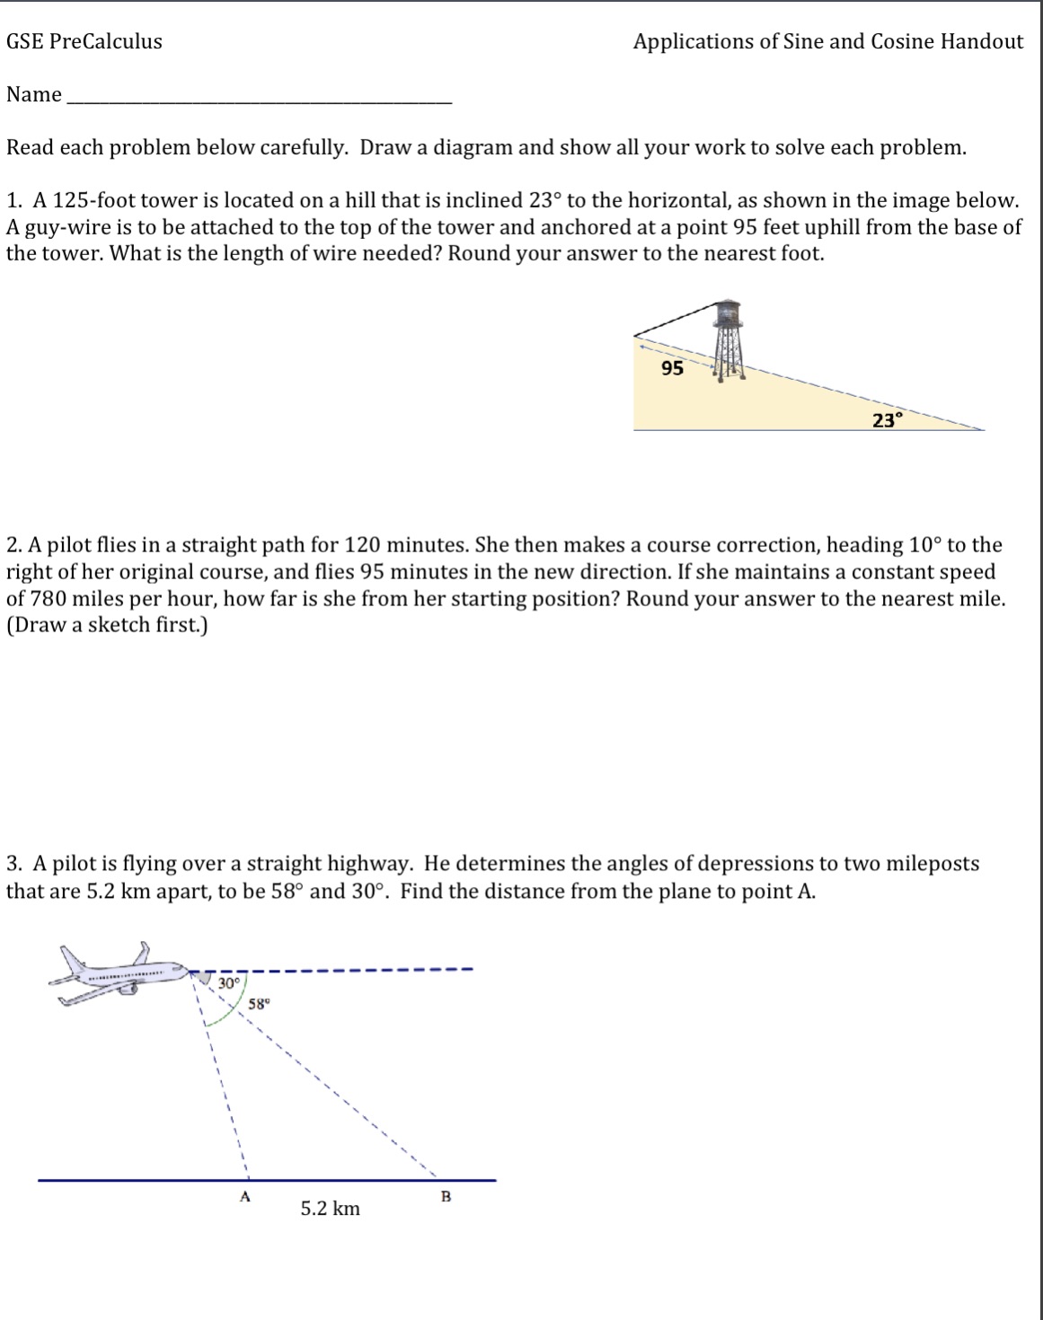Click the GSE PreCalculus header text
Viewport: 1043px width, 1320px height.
(84, 41)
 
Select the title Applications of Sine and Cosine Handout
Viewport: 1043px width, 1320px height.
(827, 41)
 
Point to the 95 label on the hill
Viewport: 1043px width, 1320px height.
(672, 368)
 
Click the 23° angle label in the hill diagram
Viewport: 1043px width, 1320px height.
(886, 419)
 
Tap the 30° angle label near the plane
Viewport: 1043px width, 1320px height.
(229, 983)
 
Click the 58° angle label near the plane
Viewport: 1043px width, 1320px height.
(257, 1005)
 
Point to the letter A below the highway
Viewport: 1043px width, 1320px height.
(244, 1196)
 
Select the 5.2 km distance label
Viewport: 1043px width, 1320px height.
(330, 1209)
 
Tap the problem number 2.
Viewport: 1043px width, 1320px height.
(13, 545)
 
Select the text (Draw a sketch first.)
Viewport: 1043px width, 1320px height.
(107, 625)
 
